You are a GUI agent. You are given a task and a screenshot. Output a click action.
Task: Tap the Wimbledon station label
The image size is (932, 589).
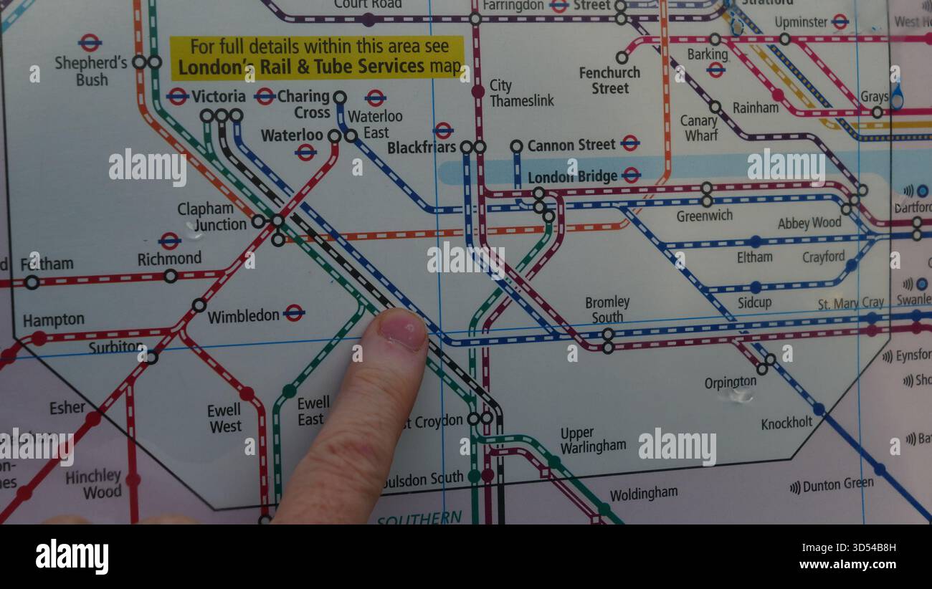[244, 315]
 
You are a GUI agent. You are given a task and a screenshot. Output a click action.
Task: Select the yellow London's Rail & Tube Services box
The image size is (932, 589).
[317, 57]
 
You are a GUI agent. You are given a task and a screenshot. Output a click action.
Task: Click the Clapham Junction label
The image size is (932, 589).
[212, 216]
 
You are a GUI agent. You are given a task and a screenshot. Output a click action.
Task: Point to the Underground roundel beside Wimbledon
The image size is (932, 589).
[294, 312]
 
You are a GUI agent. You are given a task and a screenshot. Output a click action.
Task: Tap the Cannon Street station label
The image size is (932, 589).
[571, 145]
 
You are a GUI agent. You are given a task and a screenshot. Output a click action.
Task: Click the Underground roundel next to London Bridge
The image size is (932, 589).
[631, 175]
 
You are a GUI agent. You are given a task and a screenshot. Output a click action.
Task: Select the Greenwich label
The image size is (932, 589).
[703, 216]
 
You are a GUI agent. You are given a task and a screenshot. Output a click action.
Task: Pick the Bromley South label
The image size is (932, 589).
[607, 310]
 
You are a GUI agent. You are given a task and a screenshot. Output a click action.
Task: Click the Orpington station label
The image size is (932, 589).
[730, 383]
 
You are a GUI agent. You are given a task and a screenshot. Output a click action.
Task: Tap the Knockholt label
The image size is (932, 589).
[786, 423]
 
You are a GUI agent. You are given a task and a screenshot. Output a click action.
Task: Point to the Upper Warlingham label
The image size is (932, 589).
[593, 440]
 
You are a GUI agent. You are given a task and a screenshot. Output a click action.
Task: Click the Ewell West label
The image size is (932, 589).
[224, 418]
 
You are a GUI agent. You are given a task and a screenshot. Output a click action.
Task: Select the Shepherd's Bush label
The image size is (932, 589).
[91, 71]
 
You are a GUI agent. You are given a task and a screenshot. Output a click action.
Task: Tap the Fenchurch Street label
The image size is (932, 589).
[609, 80]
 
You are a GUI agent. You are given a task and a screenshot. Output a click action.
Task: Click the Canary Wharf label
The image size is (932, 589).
[699, 128]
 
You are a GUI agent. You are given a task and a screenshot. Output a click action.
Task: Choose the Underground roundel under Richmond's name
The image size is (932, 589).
[170, 241]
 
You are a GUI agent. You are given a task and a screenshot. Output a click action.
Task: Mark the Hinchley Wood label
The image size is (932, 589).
[94, 484]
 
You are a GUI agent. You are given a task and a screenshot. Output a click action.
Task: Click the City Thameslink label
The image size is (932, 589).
[521, 93]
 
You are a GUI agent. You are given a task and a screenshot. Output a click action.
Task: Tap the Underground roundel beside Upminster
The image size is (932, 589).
[840, 21]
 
